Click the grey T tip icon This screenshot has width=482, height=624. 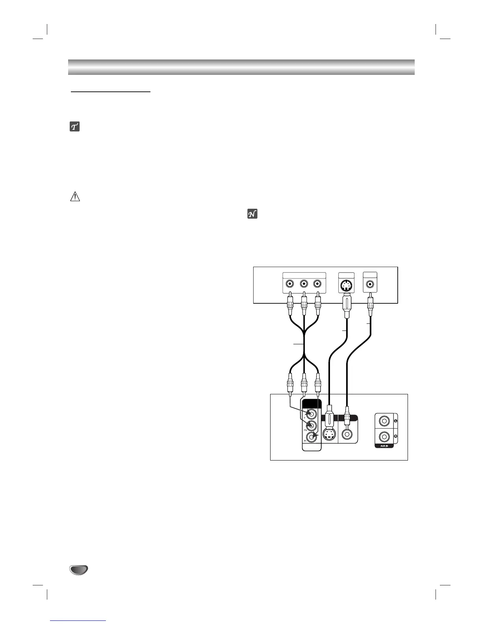click(74, 126)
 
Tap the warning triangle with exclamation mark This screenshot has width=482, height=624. click(75, 197)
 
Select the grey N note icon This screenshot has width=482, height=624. click(252, 214)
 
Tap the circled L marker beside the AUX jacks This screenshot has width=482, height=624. click(395, 421)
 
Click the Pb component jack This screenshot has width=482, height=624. click(311, 425)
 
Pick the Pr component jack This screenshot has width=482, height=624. click(312, 436)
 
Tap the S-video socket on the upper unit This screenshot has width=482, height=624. click(346, 284)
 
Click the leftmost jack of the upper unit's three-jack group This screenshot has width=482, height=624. click(290, 284)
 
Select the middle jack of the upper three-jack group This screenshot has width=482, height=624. click(304, 284)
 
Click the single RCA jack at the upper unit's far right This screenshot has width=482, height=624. click(370, 284)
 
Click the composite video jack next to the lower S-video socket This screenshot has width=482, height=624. click(347, 434)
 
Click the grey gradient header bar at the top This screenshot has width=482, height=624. click(241, 67)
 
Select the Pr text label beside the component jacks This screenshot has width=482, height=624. click(305, 442)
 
